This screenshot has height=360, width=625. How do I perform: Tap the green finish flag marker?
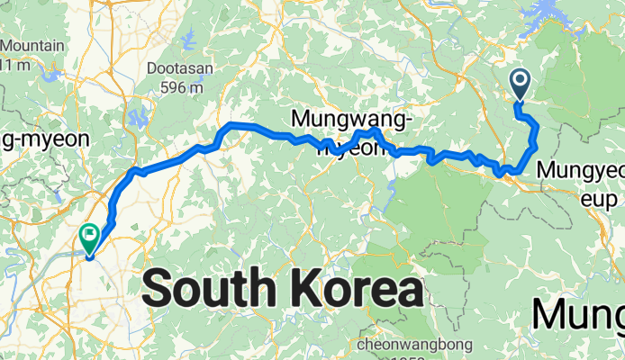coord(91,238)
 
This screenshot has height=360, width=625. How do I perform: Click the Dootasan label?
coord(178,67)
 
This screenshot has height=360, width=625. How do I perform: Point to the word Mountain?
coord(32,46)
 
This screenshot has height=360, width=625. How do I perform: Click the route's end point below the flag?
coord(90,256)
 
